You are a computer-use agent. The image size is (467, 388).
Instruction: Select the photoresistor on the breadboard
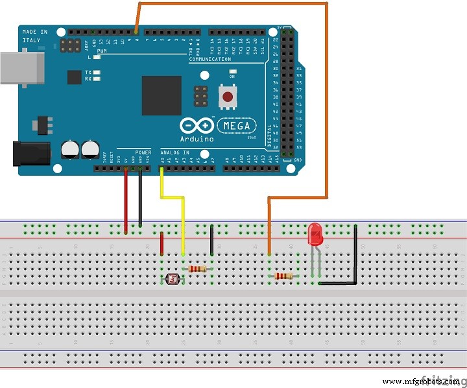click(173, 279)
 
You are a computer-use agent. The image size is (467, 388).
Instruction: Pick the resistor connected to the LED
click(283, 276)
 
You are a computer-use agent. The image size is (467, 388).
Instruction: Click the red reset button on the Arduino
click(227, 97)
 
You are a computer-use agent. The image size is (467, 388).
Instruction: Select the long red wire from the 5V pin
click(126, 201)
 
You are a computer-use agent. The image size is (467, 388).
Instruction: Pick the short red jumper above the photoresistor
click(162, 244)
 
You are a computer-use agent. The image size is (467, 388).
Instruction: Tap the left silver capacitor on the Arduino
click(70, 150)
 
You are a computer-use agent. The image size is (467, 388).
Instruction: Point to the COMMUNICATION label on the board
click(210, 60)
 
